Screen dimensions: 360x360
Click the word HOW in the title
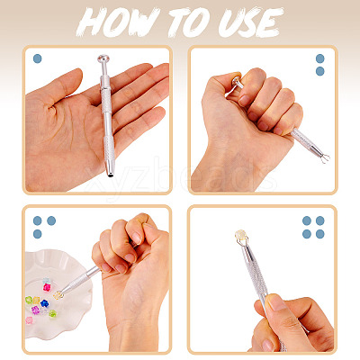pos(118,22)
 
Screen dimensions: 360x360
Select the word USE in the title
pos(251,22)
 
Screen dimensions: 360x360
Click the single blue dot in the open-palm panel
pos(37,58)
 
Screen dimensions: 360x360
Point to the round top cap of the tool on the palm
pos(103,58)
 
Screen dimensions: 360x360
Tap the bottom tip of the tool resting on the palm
pos(111,175)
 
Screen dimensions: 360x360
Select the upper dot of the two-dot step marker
pos(320,58)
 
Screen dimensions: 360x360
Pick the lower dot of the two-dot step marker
pos(320,71)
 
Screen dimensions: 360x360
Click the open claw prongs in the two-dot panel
pos(325,157)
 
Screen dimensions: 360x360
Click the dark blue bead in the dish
pos(44,303)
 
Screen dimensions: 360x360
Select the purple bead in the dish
pos(35,310)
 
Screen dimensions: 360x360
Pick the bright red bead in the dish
pos(47,287)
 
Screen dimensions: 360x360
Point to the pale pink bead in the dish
pos(29,320)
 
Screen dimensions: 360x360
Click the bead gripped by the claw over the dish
pos(58,295)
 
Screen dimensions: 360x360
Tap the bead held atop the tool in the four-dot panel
pos(241,235)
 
